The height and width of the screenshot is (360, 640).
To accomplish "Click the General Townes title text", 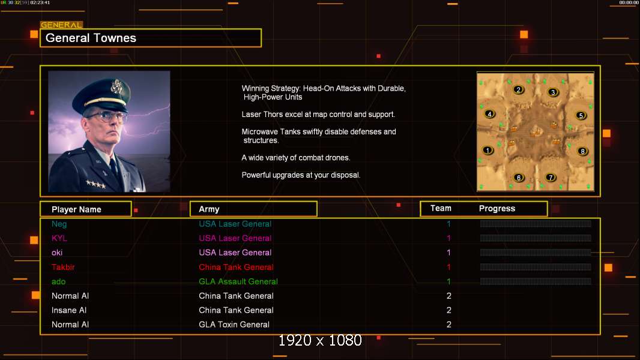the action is click(91, 38).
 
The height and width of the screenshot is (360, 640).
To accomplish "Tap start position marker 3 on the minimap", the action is click(553, 92).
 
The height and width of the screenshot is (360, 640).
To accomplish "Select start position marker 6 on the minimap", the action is click(519, 178).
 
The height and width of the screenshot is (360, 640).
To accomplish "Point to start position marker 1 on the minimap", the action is click(488, 150).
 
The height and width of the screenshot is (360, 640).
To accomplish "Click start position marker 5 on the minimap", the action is click(581, 115).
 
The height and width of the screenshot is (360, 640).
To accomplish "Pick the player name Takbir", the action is click(63, 267).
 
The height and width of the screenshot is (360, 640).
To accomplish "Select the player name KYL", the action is click(59, 238).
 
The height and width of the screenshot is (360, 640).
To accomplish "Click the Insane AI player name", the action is click(69, 310).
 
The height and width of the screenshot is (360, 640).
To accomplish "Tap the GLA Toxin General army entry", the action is click(234, 325).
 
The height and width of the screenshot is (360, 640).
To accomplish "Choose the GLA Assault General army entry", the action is click(238, 281).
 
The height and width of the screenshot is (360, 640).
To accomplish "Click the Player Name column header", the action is click(76, 209).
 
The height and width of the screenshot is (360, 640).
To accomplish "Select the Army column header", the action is click(209, 209).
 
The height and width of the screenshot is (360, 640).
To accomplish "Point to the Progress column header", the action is click(497, 208).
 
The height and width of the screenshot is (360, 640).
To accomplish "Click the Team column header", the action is click(441, 208).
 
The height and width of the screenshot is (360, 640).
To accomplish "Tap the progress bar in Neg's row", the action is click(536, 223).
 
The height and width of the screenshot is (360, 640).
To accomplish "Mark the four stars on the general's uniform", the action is click(96, 184).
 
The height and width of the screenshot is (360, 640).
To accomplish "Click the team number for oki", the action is click(448, 253).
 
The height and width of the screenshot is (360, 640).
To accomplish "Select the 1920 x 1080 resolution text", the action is click(320, 340).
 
